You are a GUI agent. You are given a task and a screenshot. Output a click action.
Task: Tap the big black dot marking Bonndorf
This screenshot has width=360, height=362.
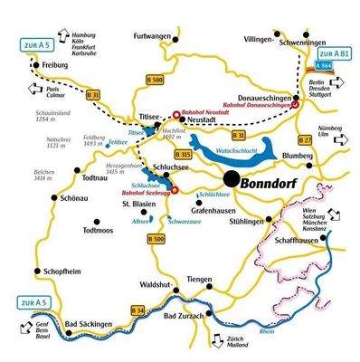pyautogui.click(x=232, y=179)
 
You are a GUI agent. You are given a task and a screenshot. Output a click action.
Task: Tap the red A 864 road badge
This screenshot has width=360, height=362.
pyautogui.click(x=323, y=67)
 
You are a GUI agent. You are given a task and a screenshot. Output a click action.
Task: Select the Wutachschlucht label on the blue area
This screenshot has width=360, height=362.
pyautogui.click(x=238, y=149)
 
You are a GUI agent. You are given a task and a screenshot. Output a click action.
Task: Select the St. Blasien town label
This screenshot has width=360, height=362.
pyautogui.click(x=139, y=205)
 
